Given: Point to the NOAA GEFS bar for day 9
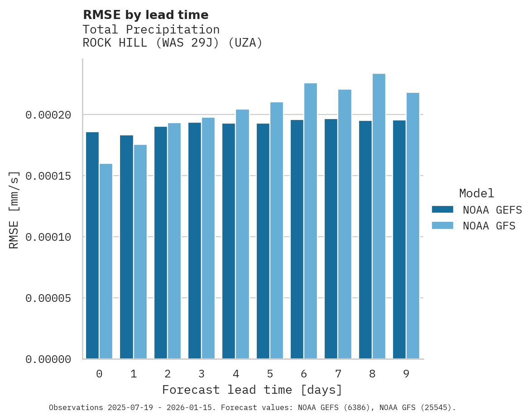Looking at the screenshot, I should [x=399, y=239].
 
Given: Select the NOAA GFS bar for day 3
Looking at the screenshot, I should [x=208, y=238].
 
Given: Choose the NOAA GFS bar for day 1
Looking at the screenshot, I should [x=140, y=252].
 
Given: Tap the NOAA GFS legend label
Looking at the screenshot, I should [x=489, y=225].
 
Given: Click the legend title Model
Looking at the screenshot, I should [x=476, y=193].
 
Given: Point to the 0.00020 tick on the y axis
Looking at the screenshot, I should [x=48, y=115].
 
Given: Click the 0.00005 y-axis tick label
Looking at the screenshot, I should [x=48, y=298].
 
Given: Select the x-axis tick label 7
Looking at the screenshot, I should [x=338, y=374].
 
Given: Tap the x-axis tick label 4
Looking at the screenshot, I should [x=235, y=374].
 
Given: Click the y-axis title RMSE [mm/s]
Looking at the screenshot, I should [x=14, y=209].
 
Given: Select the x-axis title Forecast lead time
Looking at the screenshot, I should [x=252, y=390].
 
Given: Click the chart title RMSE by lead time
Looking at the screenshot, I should [x=145, y=15].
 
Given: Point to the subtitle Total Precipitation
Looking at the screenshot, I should [x=151, y=29].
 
